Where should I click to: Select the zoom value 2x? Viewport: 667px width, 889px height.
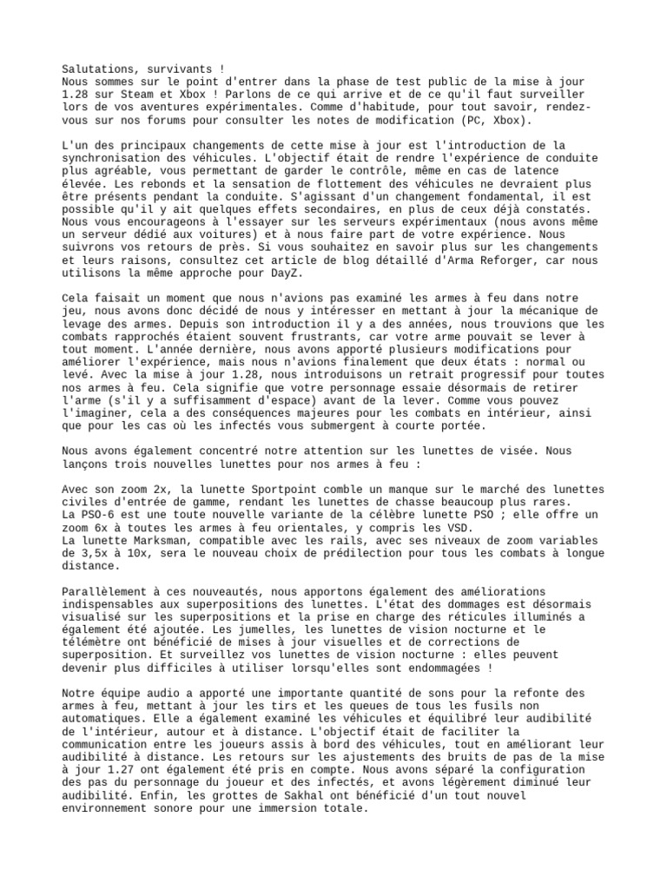[x=157, y=490]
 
